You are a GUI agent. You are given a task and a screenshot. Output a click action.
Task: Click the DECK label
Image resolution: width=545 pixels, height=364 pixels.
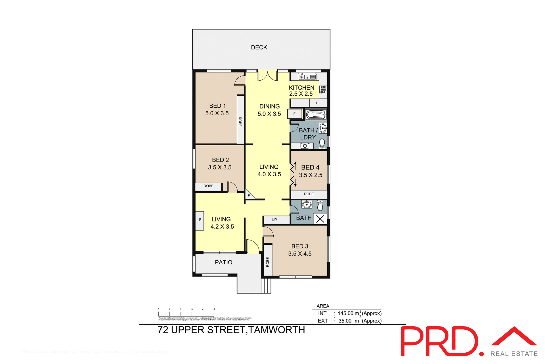[x=259, y=47]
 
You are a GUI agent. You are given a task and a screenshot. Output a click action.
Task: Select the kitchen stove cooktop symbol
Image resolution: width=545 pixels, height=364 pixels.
[x=323, y=89]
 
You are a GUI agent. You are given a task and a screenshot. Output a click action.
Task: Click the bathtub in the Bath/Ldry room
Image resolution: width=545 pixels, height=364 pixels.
[x=316, y=115]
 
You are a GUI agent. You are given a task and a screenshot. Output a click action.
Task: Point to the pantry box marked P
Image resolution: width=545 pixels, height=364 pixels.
[x=317, y=103]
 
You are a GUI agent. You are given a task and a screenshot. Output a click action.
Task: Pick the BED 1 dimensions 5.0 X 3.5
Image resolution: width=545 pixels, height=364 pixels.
[x=217, y=113]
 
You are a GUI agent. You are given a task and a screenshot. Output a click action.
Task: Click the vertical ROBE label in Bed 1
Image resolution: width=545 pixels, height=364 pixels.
[x=240, y=122]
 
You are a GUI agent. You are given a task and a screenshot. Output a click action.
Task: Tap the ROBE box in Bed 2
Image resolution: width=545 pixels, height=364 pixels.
[x=208, y=186]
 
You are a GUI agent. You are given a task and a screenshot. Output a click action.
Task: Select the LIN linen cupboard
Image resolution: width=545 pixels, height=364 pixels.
[x=274, y=219]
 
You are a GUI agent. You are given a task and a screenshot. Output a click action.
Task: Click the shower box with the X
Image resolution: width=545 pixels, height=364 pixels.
[x=320, y=219]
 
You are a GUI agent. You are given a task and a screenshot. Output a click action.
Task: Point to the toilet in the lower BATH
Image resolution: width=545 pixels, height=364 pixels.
[x=320, y=206]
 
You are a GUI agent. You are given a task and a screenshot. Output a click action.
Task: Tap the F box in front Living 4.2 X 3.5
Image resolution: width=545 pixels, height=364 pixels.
[x=200, y=220]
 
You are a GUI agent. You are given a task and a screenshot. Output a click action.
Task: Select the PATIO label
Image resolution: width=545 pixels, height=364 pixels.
[x=223, y=262]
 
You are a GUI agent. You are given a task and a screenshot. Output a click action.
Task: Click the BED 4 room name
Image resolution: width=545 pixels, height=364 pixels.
[x=310, y=168]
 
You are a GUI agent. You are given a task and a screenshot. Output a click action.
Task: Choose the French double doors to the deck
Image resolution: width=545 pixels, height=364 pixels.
[x=267, y=76]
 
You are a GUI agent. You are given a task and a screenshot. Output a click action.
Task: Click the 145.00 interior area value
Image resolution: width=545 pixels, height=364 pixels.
[x=345, y=313]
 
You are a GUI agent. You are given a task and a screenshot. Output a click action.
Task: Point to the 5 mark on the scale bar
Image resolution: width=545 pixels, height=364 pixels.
[x=214, y=309]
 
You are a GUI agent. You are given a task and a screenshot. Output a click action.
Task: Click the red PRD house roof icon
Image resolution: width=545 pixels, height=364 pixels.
[x=514, y=336]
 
